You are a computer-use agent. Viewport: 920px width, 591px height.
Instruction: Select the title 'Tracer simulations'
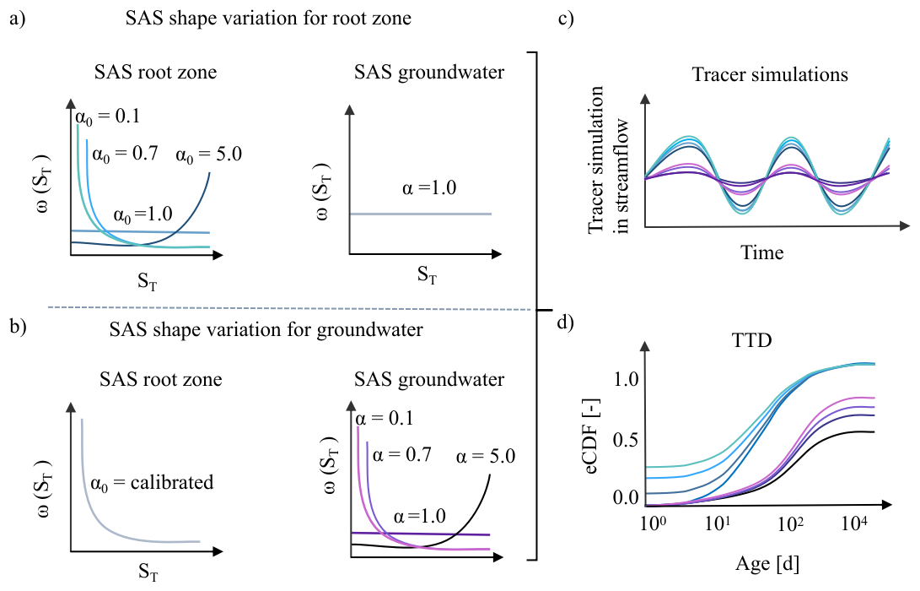(x=769, y=73)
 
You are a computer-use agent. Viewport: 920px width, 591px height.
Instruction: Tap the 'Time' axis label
(x=761, y=252)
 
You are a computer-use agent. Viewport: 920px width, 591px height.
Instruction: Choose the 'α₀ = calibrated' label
(x=152, y=483)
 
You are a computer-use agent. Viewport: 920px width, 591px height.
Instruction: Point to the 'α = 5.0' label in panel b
(x=485, y=456)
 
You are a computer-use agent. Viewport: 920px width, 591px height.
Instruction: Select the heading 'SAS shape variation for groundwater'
(x=266, y=329)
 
